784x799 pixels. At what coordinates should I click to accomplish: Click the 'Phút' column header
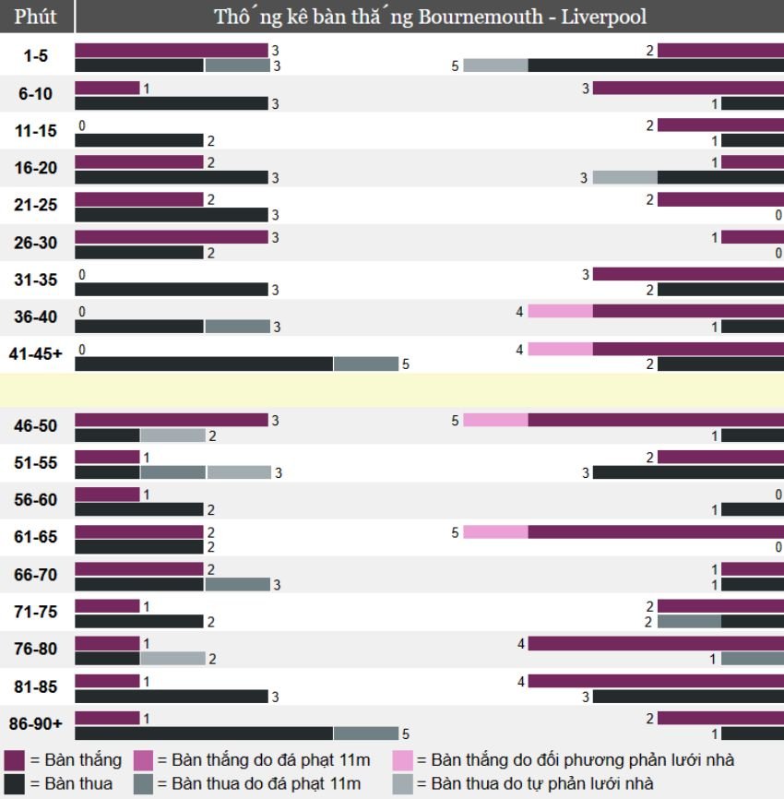point(36,17)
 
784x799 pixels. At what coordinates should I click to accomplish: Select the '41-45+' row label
point(36,353)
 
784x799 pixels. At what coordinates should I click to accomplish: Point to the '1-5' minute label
point(36,56)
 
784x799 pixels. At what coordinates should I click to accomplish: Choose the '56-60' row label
point(36,500)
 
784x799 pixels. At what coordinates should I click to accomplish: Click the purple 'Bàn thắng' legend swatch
point(14,760)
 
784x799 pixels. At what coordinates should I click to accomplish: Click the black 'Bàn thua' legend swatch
point(14,783)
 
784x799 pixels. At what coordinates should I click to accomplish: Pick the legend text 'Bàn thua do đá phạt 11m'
point(266,783)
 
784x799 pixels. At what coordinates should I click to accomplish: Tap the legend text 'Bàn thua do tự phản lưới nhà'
point(541,783)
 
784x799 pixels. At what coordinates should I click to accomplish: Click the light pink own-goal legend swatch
point(402,760)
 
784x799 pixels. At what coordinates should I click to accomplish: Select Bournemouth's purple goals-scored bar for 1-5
point(171,50)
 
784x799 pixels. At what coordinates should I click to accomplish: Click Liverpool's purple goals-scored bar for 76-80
point(655,643)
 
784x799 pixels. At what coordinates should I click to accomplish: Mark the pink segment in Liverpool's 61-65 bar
point(495,531)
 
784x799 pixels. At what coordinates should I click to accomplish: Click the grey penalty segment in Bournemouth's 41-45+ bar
point(365,364)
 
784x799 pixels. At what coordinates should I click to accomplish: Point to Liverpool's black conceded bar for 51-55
point(687,472)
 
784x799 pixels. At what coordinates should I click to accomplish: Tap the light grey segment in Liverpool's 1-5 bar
point(495,66)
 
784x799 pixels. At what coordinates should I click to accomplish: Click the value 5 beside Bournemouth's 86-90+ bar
point(405,734)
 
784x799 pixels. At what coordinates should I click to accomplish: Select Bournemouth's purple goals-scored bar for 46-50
point(171,420)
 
